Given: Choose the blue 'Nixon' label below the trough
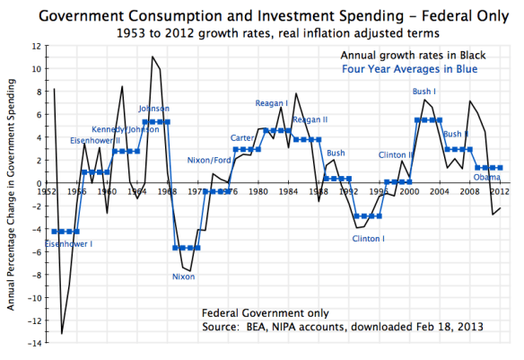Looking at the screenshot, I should [x=183, y=277].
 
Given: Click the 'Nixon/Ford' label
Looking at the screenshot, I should [x=209, y=160].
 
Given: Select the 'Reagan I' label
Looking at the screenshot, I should [x=271, y=103].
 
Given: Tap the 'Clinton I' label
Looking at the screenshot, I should [x=368, y=239].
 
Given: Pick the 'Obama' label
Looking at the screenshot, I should [x=487, y=177].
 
